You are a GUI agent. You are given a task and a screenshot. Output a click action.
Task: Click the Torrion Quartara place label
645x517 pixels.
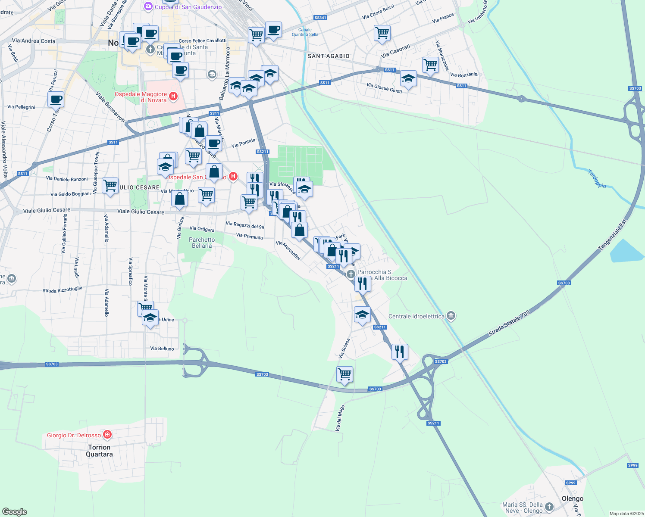click(x=99, y=451)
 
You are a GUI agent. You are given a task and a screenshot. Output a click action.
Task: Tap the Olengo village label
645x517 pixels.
click(x=572, y=498)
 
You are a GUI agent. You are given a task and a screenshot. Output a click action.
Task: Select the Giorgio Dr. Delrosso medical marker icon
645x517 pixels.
click(x=108, y=435)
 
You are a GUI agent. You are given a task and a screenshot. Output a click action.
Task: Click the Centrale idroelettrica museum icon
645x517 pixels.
click(x=451, y=316)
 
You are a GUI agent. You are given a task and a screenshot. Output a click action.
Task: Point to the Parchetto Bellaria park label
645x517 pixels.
click(x=202, y=243)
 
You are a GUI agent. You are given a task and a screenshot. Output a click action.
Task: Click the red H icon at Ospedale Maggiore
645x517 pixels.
click(x=173, y=96)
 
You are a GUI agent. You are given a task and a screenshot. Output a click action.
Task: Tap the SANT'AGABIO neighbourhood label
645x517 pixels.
click(x=329, y=56)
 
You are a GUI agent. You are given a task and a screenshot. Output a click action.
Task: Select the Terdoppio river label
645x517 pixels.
click(x=597, y=179)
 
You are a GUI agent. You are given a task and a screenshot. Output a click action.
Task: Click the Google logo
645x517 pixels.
click(x=15, y=511)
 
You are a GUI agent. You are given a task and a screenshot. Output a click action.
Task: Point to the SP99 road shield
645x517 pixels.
click(x=632, y=465)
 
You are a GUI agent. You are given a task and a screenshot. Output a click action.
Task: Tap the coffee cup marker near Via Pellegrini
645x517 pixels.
click(x=56, y=100)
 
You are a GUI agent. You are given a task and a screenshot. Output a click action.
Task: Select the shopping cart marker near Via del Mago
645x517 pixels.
click(x=345, y=374)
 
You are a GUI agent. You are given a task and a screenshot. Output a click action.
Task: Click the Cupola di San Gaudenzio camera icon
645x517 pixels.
click(x=148, y=6)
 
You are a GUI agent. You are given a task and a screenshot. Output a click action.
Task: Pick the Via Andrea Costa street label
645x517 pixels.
click(x=34, y=41)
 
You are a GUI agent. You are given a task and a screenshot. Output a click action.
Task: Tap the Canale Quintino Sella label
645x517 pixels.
click(x=305, y=32)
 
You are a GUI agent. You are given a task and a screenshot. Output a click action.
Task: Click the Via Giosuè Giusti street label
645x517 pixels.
click(x=384, y=88)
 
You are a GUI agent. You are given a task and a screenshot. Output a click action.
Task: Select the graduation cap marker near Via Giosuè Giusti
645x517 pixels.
click(x=408, y=79)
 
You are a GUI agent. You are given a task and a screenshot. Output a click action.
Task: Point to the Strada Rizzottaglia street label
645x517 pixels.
click(x=62, y=290)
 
